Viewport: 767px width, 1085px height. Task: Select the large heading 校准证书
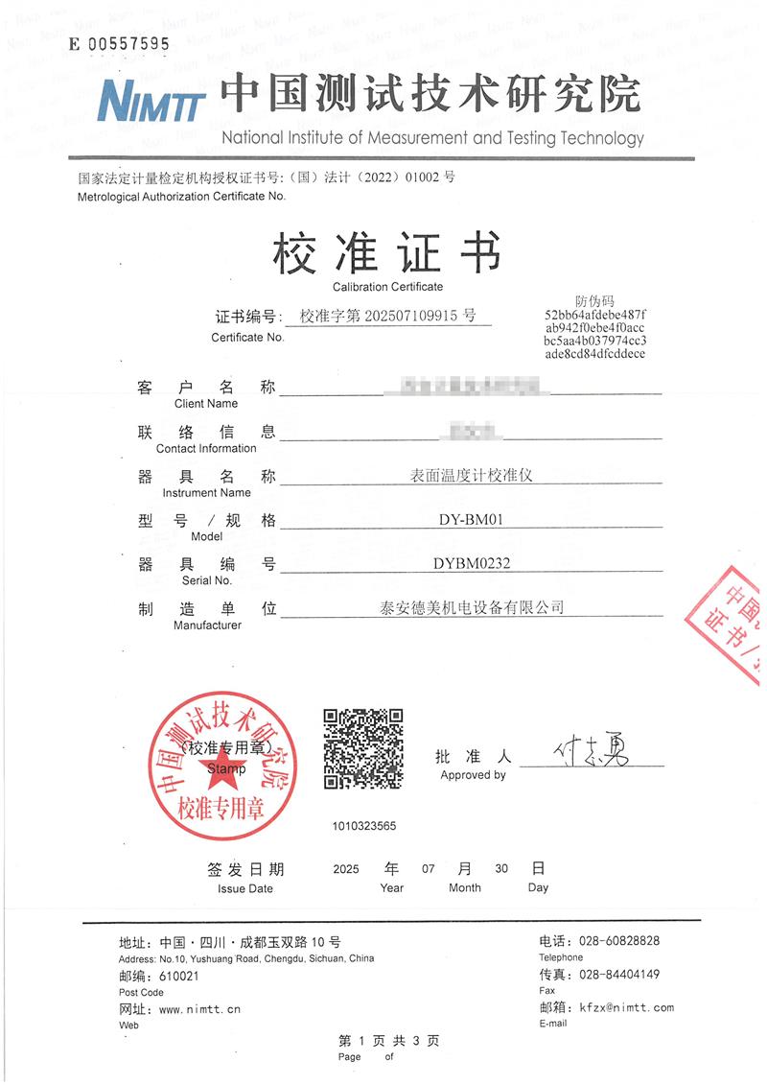pos(387,253)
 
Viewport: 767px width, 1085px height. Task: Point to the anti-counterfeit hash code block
pos(594,334)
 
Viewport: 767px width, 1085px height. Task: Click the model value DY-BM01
pos(470,520)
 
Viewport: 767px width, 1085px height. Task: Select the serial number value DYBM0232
pos(471,564)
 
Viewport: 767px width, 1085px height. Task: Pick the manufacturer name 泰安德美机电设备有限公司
pos(472,607)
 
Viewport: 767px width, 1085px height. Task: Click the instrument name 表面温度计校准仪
pos(471,476)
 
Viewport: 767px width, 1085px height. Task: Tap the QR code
pos(361,748)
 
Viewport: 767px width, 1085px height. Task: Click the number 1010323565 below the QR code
pos(364,825)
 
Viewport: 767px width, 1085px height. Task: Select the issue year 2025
pos(345,869)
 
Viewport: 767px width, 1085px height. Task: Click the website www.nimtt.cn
pos(199,1009)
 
